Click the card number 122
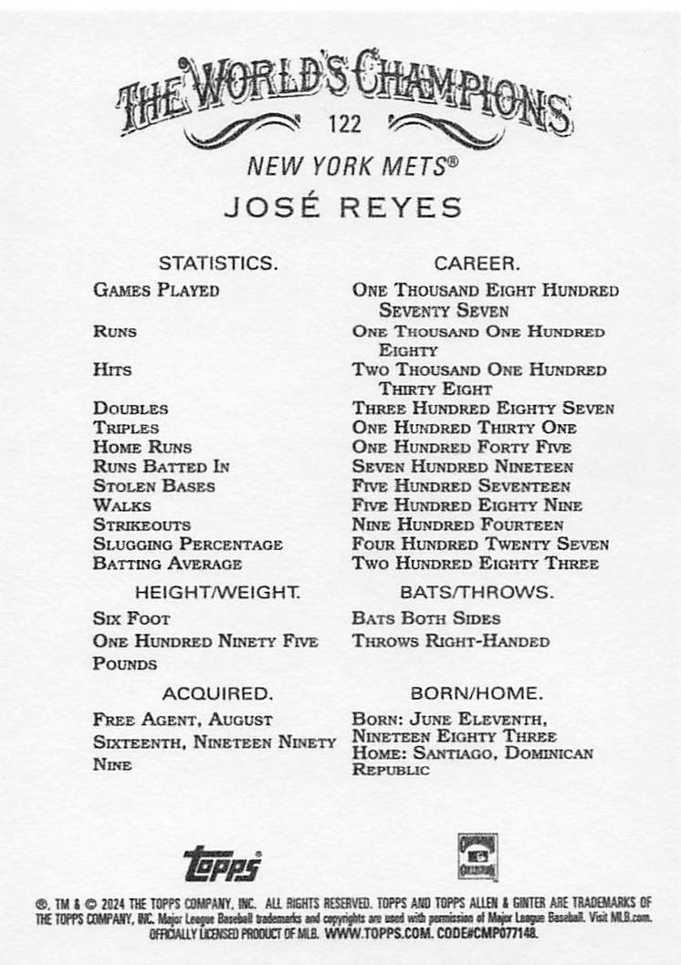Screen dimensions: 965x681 pyautogui.click(x=347, y=124)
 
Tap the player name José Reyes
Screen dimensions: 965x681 pyautogui.click(x=342, y=206)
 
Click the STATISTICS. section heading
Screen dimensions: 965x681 pyautogui.click(x=217, y=264)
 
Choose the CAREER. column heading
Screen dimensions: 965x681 pyautogui.click(x=477, y=264)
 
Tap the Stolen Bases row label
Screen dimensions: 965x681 pyautogui.click(x=153, y=486)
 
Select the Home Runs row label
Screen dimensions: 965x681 pyautogui.click(x=142, y=447)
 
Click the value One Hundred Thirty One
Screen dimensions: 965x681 pyautogui.click(x=464, y=428)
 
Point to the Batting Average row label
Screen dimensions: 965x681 pyautogui.click(x=167, y=564)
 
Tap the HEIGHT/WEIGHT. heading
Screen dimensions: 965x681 pyautogui.click(x=217, y=592)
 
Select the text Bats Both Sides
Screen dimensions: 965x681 pyautogui.click(x=425, y=618)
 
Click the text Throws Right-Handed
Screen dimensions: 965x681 pyautogui.click(x=451, y=641)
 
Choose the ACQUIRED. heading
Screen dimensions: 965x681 pyautogui.click(x=217, y=693)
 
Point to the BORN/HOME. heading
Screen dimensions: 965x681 pyautogui.click(x=477, y=693)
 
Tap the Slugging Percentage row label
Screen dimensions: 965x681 pyautogui.click(x=187, y=545)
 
